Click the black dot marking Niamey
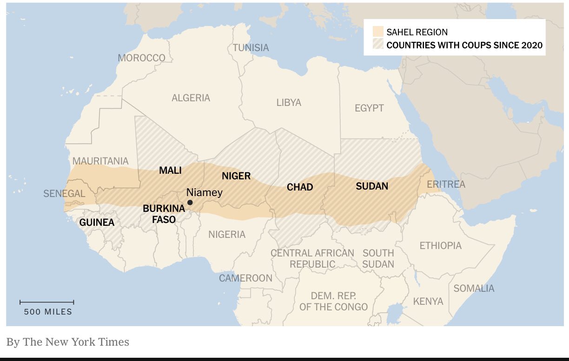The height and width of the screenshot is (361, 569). click(190, 203)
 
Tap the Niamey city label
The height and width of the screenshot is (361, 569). click(204, 192)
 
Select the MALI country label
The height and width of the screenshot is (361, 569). click(170, 170)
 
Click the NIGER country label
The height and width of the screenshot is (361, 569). click(236, 176)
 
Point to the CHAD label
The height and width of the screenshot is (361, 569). click(299, 187)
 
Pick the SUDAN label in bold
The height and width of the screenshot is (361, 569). click(372, 186)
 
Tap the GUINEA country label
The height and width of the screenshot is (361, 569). click(97, 223)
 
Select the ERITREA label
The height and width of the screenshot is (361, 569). click(446, 184)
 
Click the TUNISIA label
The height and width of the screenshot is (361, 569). click(251, 48)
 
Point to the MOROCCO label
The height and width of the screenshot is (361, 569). click(141, 58)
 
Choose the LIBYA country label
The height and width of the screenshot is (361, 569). click(289, 103)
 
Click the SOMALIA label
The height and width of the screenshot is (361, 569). click(474, 289)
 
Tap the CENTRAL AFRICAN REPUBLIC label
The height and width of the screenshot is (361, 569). click(312, 259)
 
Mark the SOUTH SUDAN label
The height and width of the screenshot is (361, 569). click(378, 259)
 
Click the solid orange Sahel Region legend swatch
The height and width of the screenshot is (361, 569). click(378, 32)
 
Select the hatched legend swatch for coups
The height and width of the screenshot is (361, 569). click(378, 45)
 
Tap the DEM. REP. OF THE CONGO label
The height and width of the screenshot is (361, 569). click(334, 301)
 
